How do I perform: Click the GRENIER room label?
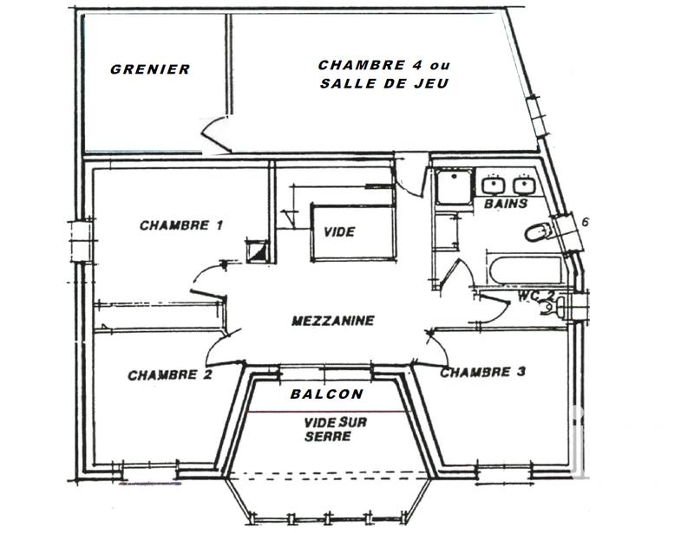click(x=149, y=69)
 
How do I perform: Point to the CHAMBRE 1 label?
click(x=181, y=226)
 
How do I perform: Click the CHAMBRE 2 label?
click(x=170, y=375)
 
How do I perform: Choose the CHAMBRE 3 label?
click(x=482, y=373)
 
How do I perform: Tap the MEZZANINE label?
click(x=333, y=321)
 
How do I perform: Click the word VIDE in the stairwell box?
click(x=339, y=233)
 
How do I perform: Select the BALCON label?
click(x=326, y=393)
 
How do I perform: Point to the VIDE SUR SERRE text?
click(x=328, y=429)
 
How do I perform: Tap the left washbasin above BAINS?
click(x=493, y=185)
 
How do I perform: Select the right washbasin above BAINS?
click(x=523, y=185)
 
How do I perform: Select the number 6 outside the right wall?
click(x=586, y=222)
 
